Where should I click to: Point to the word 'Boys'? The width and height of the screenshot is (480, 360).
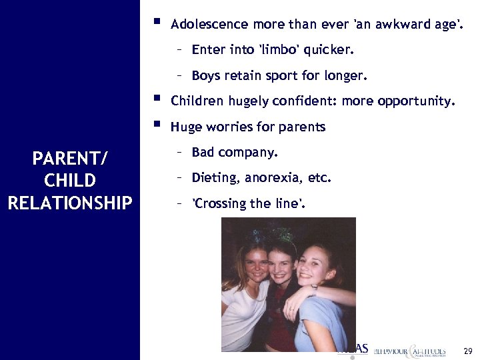(206, 75)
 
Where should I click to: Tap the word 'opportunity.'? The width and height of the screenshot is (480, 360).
(417, 101)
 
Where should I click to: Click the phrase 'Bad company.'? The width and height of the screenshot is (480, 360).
(235, 153)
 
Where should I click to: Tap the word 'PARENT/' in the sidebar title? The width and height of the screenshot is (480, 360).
(70, 159)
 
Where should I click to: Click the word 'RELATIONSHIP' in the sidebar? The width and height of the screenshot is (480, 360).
(70, 202)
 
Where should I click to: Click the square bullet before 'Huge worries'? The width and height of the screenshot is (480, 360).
(156, 124)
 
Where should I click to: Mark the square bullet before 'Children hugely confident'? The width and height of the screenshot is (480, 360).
(156, 99)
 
